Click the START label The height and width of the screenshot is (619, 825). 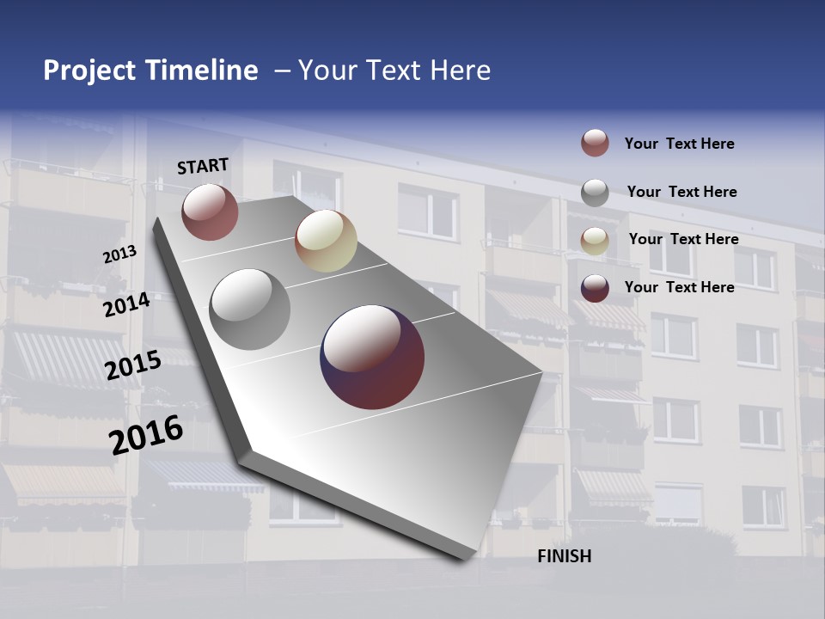coord(203,166)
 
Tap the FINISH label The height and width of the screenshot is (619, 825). coord(565,556)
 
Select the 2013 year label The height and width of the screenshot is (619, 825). coord(119,254)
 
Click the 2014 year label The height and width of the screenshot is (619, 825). coord(126,304)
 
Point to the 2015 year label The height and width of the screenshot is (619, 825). coord(133,365)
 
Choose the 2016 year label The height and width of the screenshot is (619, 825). coord(146,434)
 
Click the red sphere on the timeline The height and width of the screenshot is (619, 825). coord(210,211)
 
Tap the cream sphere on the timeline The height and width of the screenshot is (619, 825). coord(326,241)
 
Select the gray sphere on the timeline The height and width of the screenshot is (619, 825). coord(249,309)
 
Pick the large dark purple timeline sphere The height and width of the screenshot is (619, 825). coord(372,357)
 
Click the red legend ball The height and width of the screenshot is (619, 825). coord(595,143)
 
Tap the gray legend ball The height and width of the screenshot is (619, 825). coord(595,192)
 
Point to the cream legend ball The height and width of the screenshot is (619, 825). coord(595,240)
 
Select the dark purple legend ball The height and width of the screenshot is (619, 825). coord(595,288)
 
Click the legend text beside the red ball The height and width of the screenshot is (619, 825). coord(679,144)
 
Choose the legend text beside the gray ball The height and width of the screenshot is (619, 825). coord(681,192)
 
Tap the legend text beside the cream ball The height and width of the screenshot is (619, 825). coord(683,239)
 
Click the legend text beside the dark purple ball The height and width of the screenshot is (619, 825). coord(679,287)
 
